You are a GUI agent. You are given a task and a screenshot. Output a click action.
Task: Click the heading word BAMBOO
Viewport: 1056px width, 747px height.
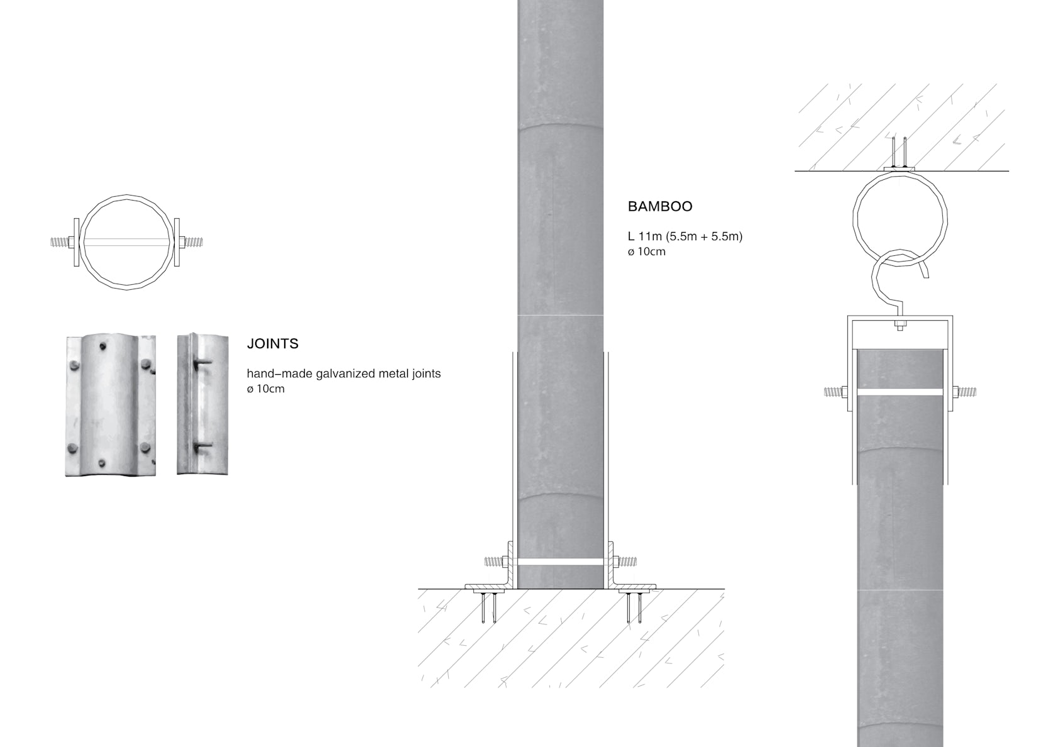click(660, 206)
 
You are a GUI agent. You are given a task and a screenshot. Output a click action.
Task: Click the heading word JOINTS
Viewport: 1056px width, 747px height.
click(273, 344)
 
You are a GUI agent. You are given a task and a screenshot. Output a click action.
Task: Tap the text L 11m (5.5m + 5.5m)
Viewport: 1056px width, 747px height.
click(685, 236)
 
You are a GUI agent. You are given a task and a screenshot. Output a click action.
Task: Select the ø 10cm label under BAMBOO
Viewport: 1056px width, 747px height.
click(646, 252)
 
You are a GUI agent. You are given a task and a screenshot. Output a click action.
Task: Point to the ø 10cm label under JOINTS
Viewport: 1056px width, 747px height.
click(265, 389)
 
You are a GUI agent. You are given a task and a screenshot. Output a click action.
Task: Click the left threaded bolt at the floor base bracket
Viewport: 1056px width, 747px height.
click(496, 562)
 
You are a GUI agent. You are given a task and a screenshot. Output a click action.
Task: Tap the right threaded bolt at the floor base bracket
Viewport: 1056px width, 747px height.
click(625, 562)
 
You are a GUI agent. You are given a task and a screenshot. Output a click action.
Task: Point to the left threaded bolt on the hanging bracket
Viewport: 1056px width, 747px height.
click(835, 392)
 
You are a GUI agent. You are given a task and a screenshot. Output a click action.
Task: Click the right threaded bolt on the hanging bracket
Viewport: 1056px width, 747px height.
click(964, 392)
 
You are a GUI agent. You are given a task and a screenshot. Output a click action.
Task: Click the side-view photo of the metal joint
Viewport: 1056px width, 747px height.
click(202, 404)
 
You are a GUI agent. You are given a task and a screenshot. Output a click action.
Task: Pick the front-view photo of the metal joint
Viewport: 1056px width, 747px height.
click(111, 406)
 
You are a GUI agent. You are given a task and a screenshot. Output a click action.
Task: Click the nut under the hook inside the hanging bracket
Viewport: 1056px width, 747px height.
click(900, 325)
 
